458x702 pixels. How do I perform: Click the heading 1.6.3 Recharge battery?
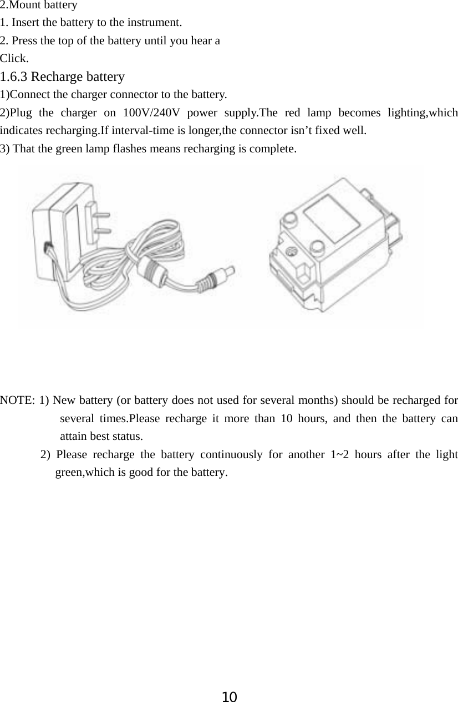(x=62, y=76)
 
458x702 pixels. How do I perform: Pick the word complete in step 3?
(x=276, y=148)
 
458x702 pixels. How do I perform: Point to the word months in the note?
(x=318, y=400)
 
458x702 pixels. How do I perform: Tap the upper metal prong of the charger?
(x=101, y=214)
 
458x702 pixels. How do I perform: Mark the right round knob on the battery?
(x=317, y=245)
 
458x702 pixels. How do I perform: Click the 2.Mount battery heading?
(x=39, y=6)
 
